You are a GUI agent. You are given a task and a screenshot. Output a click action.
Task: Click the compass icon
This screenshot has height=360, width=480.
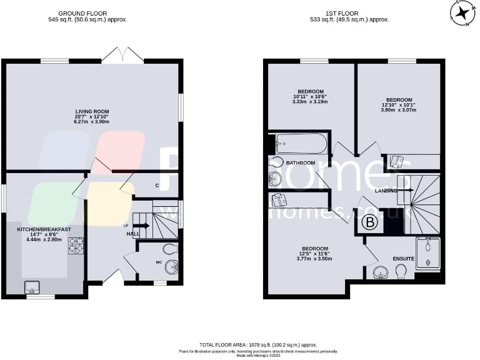[x=463, y=12]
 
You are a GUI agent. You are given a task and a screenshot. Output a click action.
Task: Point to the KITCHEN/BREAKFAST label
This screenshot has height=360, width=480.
[x=44, y=229]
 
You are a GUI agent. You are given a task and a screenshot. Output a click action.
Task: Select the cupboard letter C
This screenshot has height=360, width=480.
[x=156, y=185]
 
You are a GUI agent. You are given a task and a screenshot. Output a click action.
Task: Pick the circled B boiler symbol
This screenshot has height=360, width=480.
[x=370, y=221]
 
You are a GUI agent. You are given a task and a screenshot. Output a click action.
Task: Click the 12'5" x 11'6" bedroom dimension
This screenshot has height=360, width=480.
[x=312, y=254]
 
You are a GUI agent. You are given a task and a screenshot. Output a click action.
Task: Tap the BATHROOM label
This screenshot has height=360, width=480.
[x=301, y=163]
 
